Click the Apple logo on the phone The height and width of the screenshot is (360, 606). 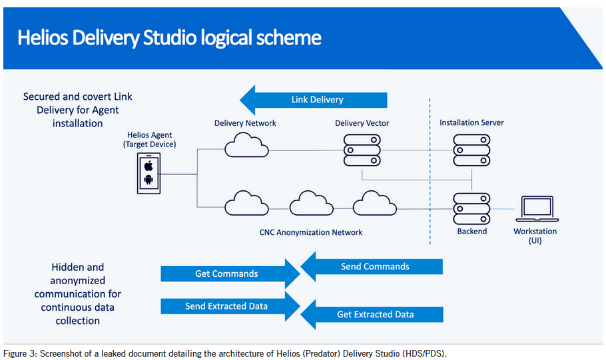(x=149, y=165)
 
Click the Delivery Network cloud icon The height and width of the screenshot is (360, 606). (x=246, y=146)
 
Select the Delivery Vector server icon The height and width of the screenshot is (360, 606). (x=362, y=150)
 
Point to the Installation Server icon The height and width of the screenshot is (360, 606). (x=471, y=150)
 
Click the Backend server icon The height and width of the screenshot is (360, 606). (x=471, y=208)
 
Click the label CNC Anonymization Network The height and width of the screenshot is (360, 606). (x=311, y=232)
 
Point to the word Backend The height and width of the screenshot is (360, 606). (x=471, y=232)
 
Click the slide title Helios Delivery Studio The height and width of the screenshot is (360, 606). (x=169, y=37)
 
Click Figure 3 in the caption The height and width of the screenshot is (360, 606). (x=20, y=353)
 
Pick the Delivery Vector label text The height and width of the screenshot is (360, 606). (x=362, y=123)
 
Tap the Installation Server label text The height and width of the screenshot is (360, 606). (x=471, y=123)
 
